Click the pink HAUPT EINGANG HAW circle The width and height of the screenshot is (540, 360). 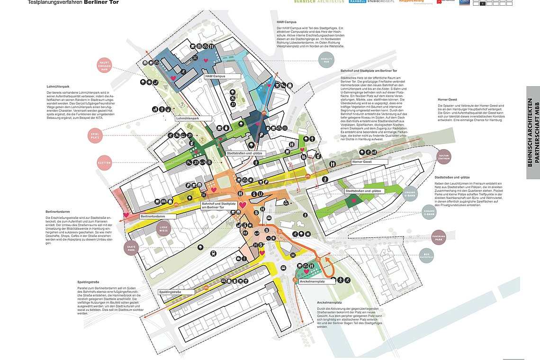coord(105,66)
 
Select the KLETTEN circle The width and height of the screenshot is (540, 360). coord(104,162)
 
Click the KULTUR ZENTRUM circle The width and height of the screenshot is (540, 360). coord(444,156)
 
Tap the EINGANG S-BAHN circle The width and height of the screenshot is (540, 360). coord(429,213)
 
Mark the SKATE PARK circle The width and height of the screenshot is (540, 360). coord(132,248)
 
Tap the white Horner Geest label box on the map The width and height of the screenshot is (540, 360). coord(369,162)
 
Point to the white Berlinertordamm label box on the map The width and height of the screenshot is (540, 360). coord(158,216)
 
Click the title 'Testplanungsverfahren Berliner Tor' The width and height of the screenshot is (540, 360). coord(73,2)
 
